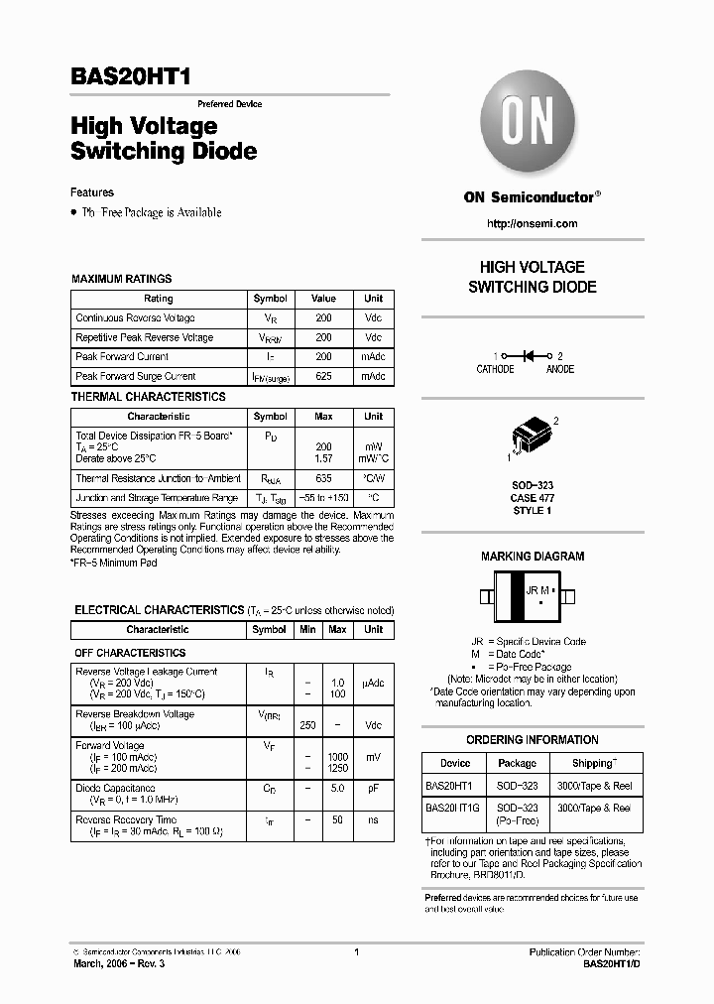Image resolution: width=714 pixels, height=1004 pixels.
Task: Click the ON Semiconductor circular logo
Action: coord(532,124)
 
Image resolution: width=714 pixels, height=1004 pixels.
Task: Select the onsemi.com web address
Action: coord(532,223)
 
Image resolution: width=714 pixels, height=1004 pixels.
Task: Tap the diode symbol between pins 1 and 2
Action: coord(528,355)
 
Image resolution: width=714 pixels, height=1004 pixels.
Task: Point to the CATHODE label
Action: coord(495,369)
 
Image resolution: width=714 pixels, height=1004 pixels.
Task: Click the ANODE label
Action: coord(560,369)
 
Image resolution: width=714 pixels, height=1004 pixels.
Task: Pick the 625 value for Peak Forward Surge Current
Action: coord(323,376)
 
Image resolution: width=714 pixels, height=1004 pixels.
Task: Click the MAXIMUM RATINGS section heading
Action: coord(121,279)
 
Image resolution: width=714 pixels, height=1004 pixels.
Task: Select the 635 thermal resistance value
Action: coord(323,478)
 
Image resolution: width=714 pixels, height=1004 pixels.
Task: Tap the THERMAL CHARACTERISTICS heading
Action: coord(149,397)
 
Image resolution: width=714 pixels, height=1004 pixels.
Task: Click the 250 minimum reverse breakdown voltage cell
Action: coord(308,725)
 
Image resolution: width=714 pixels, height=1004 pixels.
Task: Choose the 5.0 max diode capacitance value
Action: coord(337,790)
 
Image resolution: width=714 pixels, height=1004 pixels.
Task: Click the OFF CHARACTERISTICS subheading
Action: coord(130,653)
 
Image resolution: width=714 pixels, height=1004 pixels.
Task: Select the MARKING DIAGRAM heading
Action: coord(533,557)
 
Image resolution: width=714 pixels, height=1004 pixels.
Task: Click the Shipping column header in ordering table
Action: coord(594,763)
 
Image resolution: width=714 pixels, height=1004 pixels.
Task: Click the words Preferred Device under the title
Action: coord(229,104)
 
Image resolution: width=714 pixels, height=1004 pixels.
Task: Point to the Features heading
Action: coord(92,192)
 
